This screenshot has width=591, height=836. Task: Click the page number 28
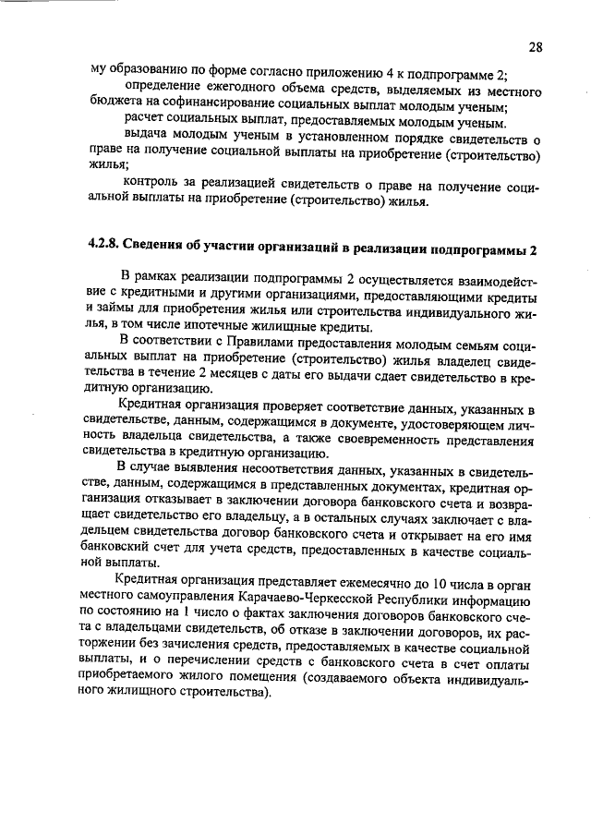pyautogui.click(x=536, y=46)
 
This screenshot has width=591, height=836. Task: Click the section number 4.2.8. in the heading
pyautogui.click(x=106, y=250)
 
